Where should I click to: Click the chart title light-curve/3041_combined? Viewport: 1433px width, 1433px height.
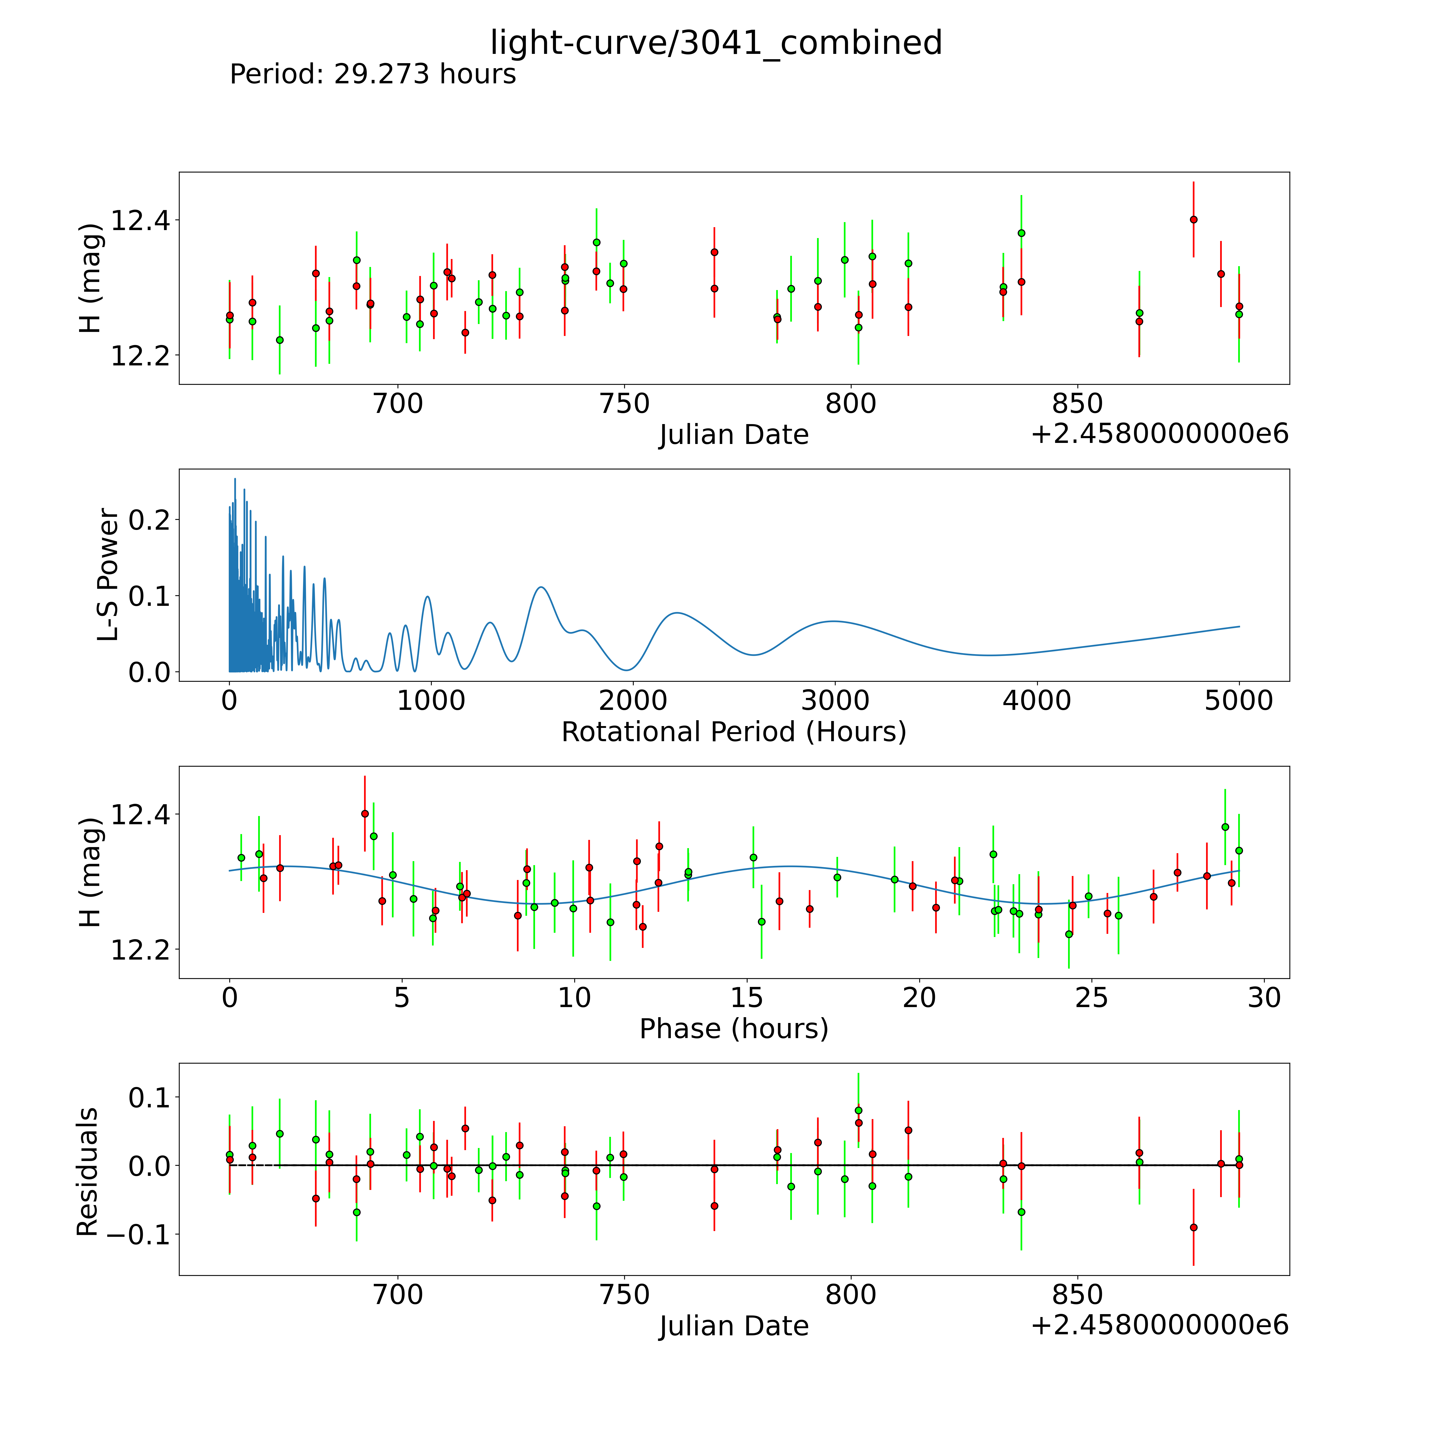click(716, 43)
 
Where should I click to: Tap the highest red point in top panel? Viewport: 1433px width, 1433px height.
click(1193, 219)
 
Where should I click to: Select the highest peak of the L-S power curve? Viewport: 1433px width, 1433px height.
click(235, 479)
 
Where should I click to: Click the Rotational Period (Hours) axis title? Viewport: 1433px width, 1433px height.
click(733, 732)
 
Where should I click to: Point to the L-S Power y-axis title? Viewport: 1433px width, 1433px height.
click(108, 575)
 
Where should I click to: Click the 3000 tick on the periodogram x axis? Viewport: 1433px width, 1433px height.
click(835, 701)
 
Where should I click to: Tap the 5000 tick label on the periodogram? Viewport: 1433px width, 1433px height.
click(1239, 701)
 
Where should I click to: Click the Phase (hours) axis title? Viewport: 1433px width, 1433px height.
click(733, 1029)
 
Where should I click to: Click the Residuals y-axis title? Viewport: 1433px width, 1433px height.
click(88, 1172)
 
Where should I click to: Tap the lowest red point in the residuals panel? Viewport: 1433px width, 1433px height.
click(1193, 1228)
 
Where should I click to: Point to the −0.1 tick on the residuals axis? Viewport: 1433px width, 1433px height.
click(138, 1234)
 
